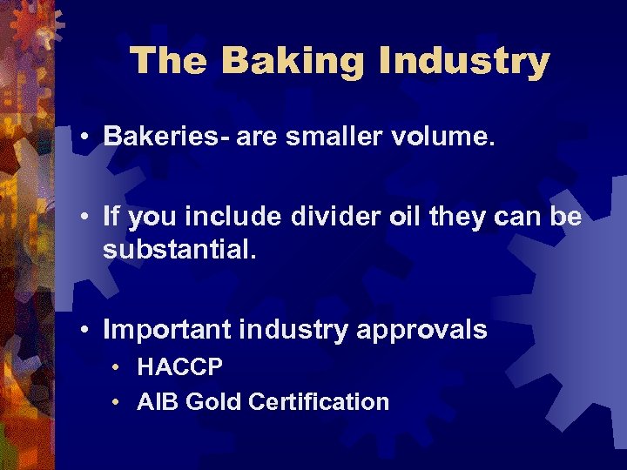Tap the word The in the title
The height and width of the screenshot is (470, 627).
pos(169,62)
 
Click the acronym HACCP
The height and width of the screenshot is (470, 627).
pos(180,367)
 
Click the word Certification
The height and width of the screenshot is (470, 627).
pos(319,402)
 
